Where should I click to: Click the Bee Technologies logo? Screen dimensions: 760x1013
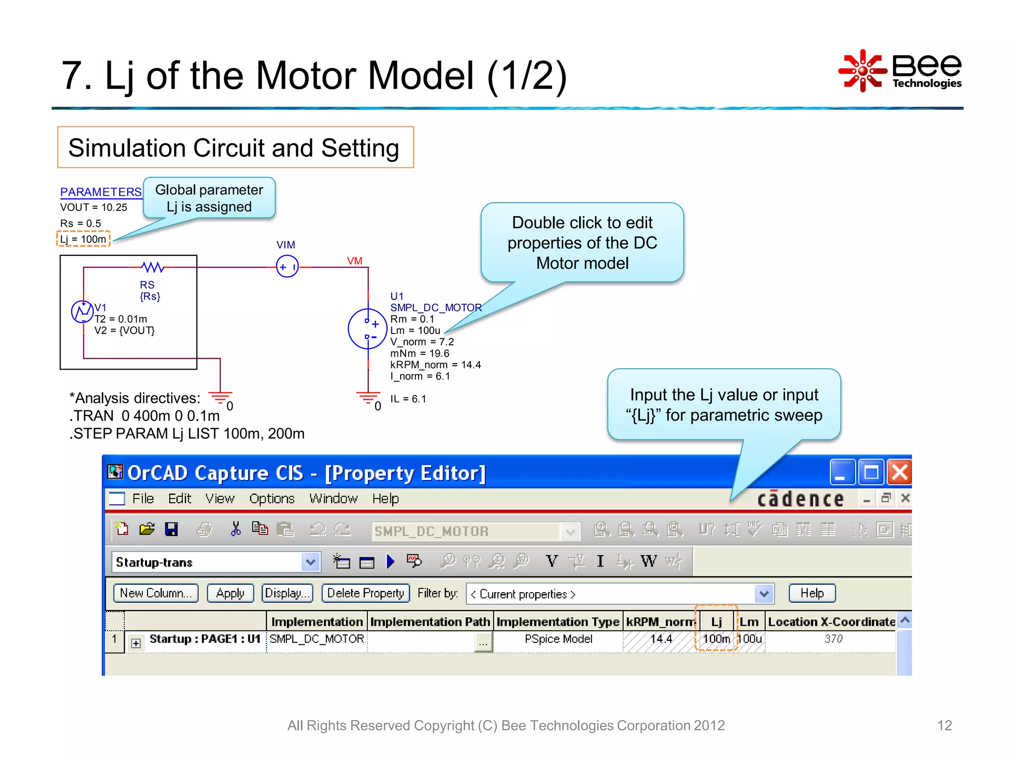(900, 71)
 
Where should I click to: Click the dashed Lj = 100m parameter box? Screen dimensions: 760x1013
(83, 239)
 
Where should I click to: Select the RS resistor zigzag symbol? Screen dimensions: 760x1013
(152, 267)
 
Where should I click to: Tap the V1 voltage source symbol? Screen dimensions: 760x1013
(82, 312)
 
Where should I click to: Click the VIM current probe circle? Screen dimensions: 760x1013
(287, 267)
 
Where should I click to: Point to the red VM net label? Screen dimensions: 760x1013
(354, 261)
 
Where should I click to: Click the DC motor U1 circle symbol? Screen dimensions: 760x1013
(367, 329)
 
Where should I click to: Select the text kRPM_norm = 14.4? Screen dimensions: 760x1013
(435, 365)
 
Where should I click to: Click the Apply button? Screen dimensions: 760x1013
(230, 593)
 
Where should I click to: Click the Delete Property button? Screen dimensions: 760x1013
(366, 593)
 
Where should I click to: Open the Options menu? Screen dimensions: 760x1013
(272, 499)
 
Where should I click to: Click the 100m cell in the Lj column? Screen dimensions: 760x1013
(716, 639)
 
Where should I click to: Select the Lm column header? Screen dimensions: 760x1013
(749, 622)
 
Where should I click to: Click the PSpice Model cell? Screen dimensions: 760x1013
(558, 639)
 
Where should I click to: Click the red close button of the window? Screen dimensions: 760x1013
(899, 472)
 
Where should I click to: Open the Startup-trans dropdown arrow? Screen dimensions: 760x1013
(310, 562)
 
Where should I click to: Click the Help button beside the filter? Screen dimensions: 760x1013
(812, 593)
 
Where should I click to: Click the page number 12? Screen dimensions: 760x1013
(944, 725)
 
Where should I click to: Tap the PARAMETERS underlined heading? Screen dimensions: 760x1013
(101, 192)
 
